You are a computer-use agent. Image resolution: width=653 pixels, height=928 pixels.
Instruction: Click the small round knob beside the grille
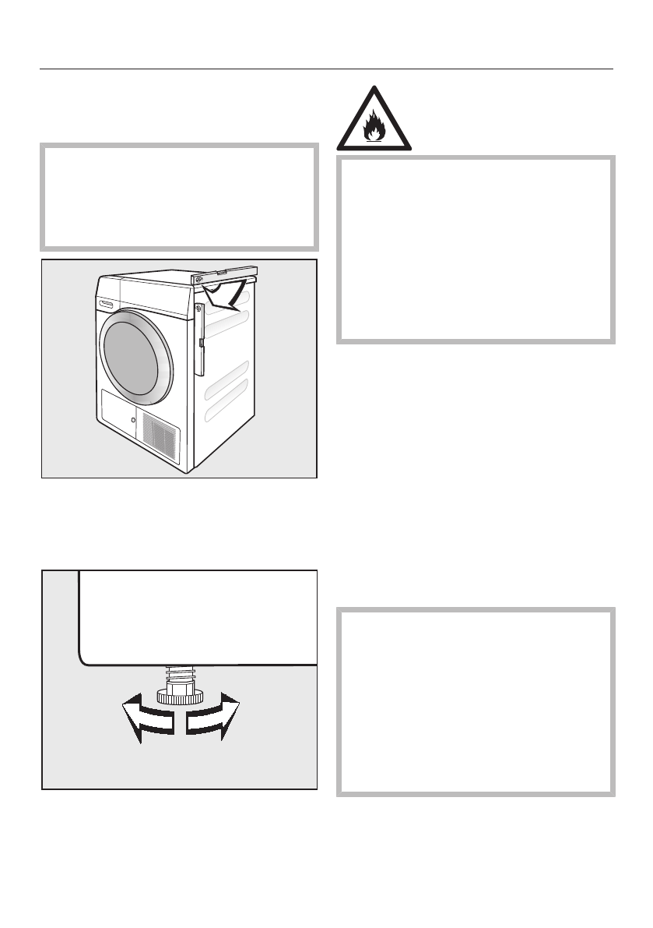[133, 421]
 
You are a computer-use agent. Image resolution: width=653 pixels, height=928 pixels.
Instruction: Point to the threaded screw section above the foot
[179, 673]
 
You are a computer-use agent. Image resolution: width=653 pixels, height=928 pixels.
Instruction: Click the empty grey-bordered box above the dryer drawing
[179, 196]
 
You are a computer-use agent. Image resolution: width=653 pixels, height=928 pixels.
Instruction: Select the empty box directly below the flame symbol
[476, 249]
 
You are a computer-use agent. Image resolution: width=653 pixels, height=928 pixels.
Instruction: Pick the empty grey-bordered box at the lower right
[476, 701]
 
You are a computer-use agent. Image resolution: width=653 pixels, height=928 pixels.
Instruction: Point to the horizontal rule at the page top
[326, 69]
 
